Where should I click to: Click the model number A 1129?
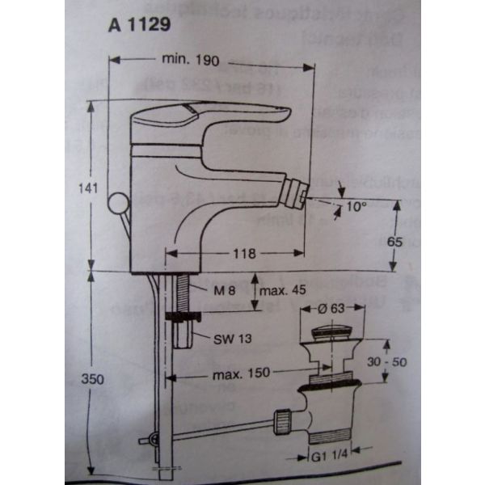click(x=138, y=25)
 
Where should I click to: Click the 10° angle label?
click(x=356, y=207)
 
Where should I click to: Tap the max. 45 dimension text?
click(x=289, y=290)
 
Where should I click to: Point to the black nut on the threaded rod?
click(x=183, y=318)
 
